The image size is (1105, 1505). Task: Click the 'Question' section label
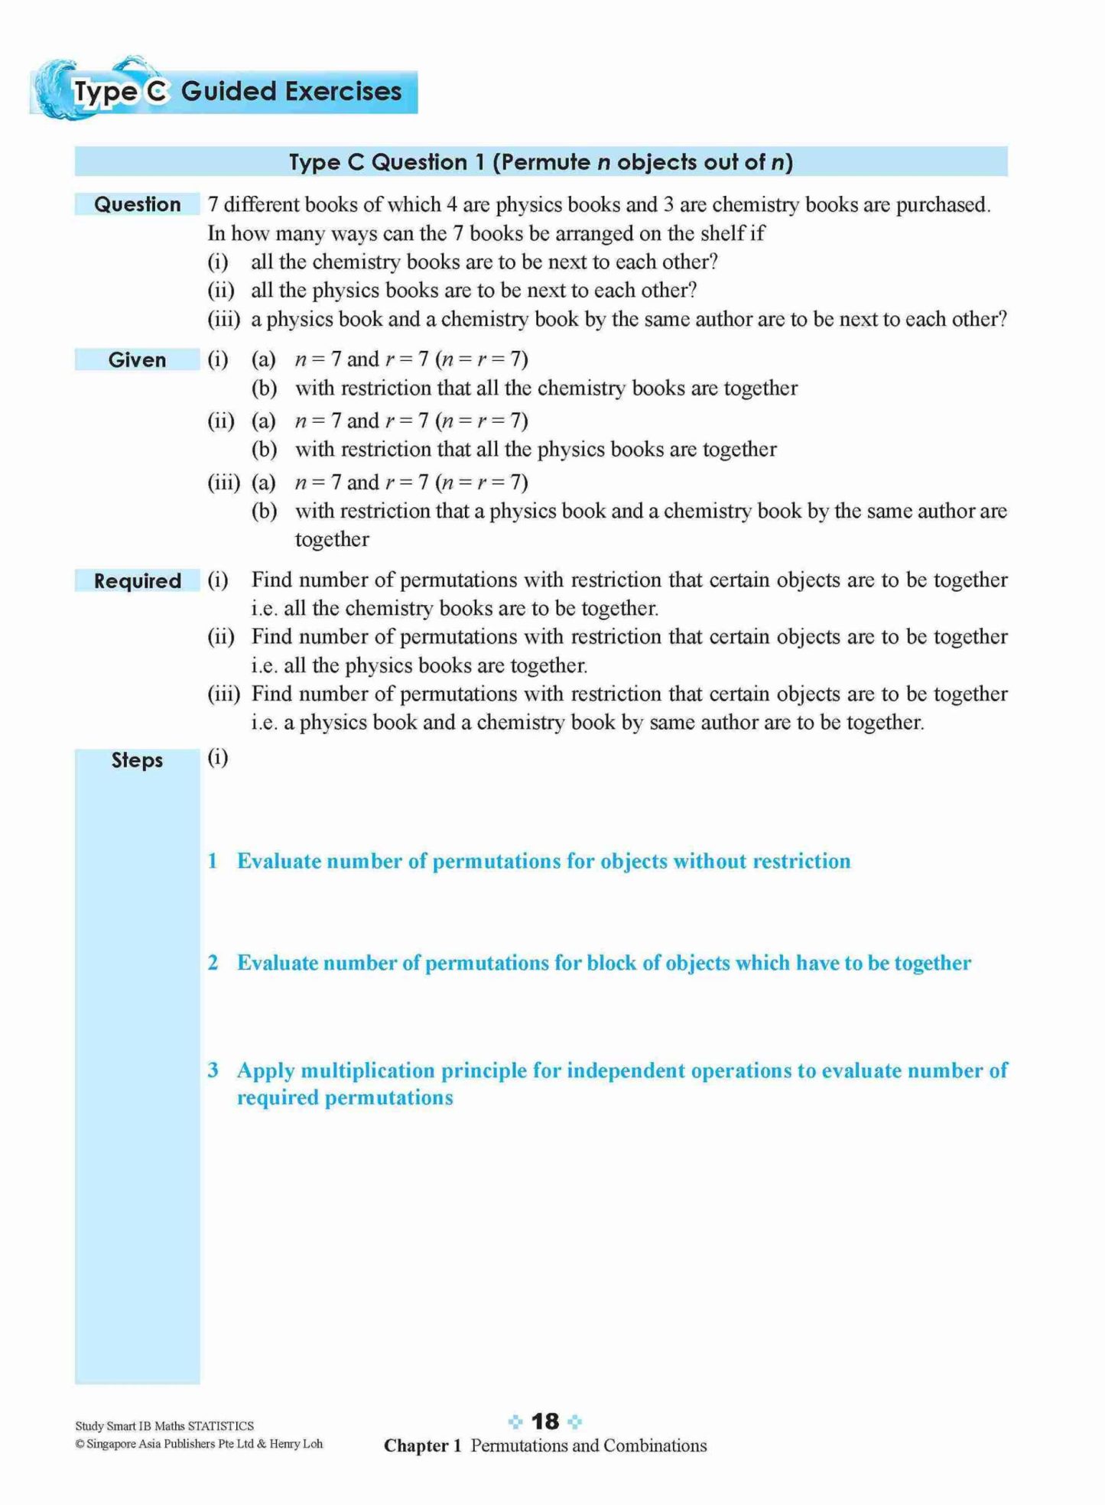[137, 204]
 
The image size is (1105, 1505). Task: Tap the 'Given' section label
[137, 359]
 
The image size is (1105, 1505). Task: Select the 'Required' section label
[137, 581]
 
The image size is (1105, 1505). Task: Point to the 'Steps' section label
[137, 760]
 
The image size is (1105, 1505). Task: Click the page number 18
[545, 1422]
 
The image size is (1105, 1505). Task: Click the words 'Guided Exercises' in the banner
[291, 91]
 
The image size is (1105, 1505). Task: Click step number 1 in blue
[213, 861]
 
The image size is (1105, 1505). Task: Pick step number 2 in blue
[213, 963]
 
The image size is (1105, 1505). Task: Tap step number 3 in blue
[213, 1070]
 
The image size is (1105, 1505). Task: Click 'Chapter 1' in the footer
[422, 1445]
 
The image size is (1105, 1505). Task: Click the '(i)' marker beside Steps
[218, 757]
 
